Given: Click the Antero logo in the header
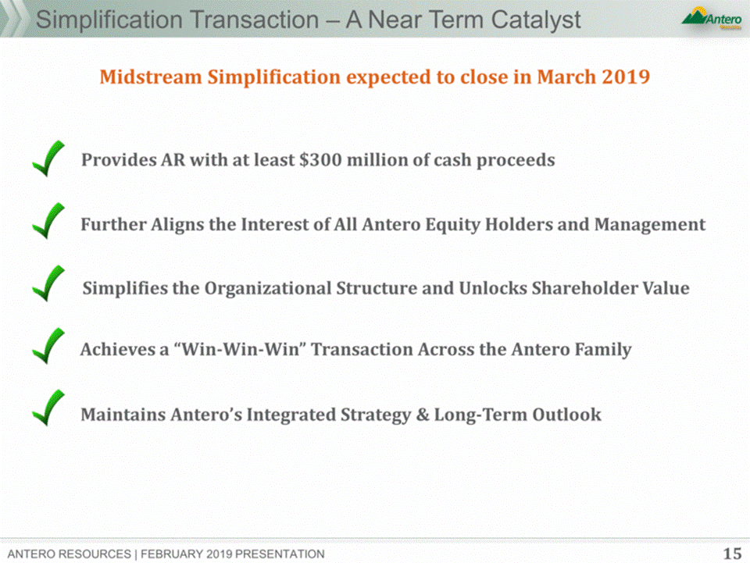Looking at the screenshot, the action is click(x=712, y=18).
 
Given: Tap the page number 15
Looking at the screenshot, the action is click(x=732, y=554).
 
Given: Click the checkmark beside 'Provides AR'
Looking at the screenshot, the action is click(x=48, y=159).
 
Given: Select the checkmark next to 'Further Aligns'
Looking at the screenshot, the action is click(x=48, y=221).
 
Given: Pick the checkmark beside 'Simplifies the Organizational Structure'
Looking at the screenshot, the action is click(x=48, y=283).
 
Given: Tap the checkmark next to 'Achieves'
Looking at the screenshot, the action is click(x=48, y=346).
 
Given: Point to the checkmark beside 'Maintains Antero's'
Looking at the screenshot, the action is click(x=48, y=408).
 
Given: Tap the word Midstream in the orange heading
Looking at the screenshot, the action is click(x=151, y=77).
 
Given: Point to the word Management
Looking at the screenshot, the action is click(x=650, y=225).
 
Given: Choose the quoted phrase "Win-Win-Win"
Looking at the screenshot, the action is click(x=240, y=349).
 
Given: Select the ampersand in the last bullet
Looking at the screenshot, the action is click(x=423, y=415).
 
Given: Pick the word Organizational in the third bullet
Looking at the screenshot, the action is click(x=268, y=289).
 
